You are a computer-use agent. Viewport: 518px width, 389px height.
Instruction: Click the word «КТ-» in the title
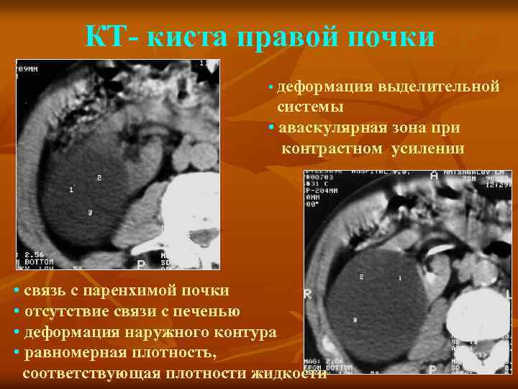click(x=109, y=37)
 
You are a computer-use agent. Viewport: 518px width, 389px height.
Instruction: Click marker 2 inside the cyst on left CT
click(x=99, y=177)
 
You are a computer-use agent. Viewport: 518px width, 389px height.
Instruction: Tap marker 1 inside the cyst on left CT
click(x=71, y=189)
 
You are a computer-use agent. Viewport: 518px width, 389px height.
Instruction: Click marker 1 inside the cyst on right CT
click(x=400, y=277)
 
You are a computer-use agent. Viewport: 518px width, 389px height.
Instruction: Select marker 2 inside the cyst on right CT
click(x=361, y=277)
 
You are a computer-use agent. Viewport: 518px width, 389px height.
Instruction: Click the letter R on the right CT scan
click(x=309, y=294)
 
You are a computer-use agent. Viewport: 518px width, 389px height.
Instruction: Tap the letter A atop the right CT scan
click(x=434, y=175)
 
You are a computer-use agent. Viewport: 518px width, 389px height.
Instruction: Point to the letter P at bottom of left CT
click(x=141, y=264)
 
